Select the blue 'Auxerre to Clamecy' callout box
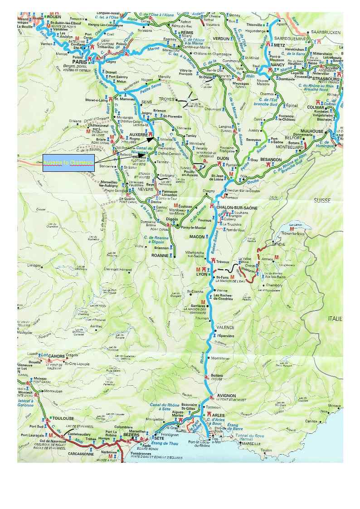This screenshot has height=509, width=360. coord(68,163)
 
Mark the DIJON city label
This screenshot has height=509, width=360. coord(223,158)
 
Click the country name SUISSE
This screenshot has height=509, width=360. coord(322,200)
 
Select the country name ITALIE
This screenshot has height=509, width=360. coord(336,319)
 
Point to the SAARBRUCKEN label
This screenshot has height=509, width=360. coord(326,33)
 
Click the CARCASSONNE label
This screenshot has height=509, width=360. coord(81,453)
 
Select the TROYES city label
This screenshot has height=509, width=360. coord(166,99)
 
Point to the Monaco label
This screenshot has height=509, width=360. coord(335,406)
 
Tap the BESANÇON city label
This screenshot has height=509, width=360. coord(271,160)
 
